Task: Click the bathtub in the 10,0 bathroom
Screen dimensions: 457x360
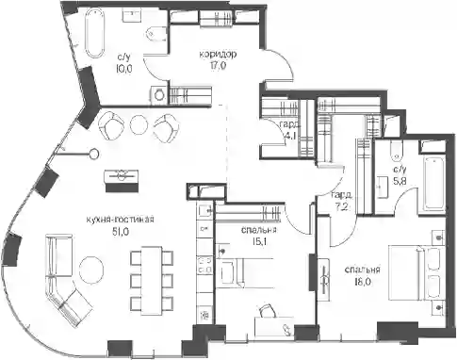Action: click(94, 33)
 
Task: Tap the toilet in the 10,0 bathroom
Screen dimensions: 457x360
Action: click(155, 34)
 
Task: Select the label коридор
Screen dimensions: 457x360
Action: click(218, 55)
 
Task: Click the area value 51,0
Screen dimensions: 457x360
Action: click(121, 232)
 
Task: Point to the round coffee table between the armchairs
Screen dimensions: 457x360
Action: click(139, 124)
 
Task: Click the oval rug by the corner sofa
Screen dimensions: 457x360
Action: click(91, 270)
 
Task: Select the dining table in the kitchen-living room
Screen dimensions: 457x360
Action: click(152, 280)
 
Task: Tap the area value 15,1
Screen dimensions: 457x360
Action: click(259, 242)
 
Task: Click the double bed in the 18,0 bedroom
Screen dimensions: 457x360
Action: click(416, 272)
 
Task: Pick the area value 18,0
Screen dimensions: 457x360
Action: click(362, 282)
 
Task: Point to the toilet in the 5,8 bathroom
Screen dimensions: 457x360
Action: click(396, 151)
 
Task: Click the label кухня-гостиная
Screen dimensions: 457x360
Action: click(121, 220)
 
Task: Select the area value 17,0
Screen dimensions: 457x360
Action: click(218, 65)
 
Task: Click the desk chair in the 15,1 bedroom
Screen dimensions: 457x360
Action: click(268, 310)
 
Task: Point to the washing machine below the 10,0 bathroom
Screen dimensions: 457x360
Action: click(158, 94)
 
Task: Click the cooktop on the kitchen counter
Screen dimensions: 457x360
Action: click(205, 264)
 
